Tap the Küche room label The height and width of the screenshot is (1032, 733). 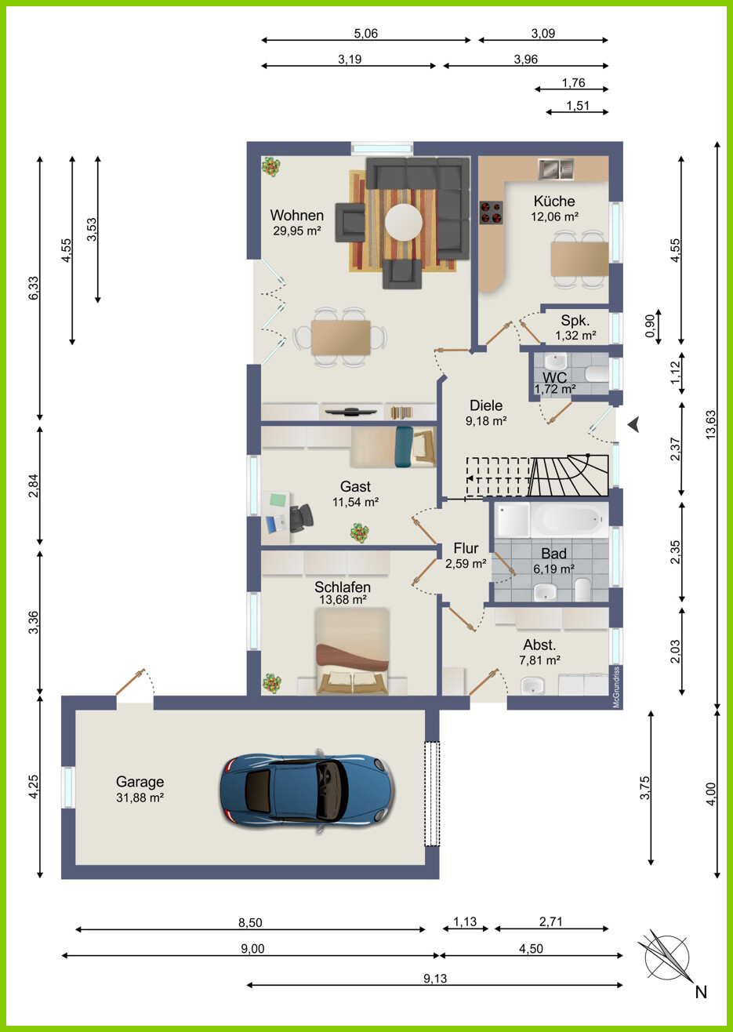point(554,201)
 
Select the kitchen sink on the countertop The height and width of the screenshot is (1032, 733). point(556,169)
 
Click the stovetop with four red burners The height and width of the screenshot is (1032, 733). point(491,213)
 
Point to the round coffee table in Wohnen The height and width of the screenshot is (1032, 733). point(404,222)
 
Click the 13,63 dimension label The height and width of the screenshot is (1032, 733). point(711,424)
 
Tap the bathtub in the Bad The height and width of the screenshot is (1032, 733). point(569,520)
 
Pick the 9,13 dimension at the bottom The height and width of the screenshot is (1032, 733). point(435,978)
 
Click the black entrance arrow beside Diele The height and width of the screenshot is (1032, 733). point(634,424)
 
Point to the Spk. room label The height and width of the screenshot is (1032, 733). point(575,321)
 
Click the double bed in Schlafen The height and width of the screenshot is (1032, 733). point(353,651)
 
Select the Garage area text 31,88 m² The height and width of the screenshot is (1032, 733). point(140,797)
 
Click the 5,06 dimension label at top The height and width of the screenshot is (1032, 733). point(366,33)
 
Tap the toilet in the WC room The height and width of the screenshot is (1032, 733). point(597,373)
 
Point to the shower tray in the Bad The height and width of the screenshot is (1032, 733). point(513,520)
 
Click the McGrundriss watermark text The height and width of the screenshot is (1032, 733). point(616,687)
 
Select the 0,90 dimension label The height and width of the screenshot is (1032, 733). point(650,325)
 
